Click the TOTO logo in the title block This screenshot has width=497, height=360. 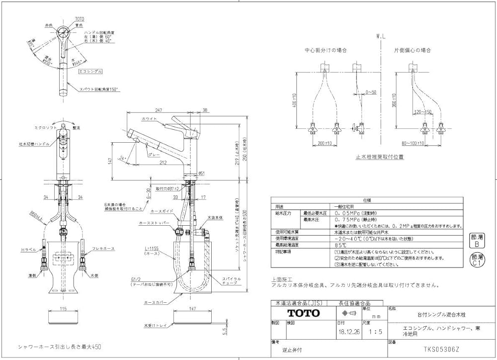click(x=303, y=313)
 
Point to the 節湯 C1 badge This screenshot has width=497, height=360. click(x=477, y=260)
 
